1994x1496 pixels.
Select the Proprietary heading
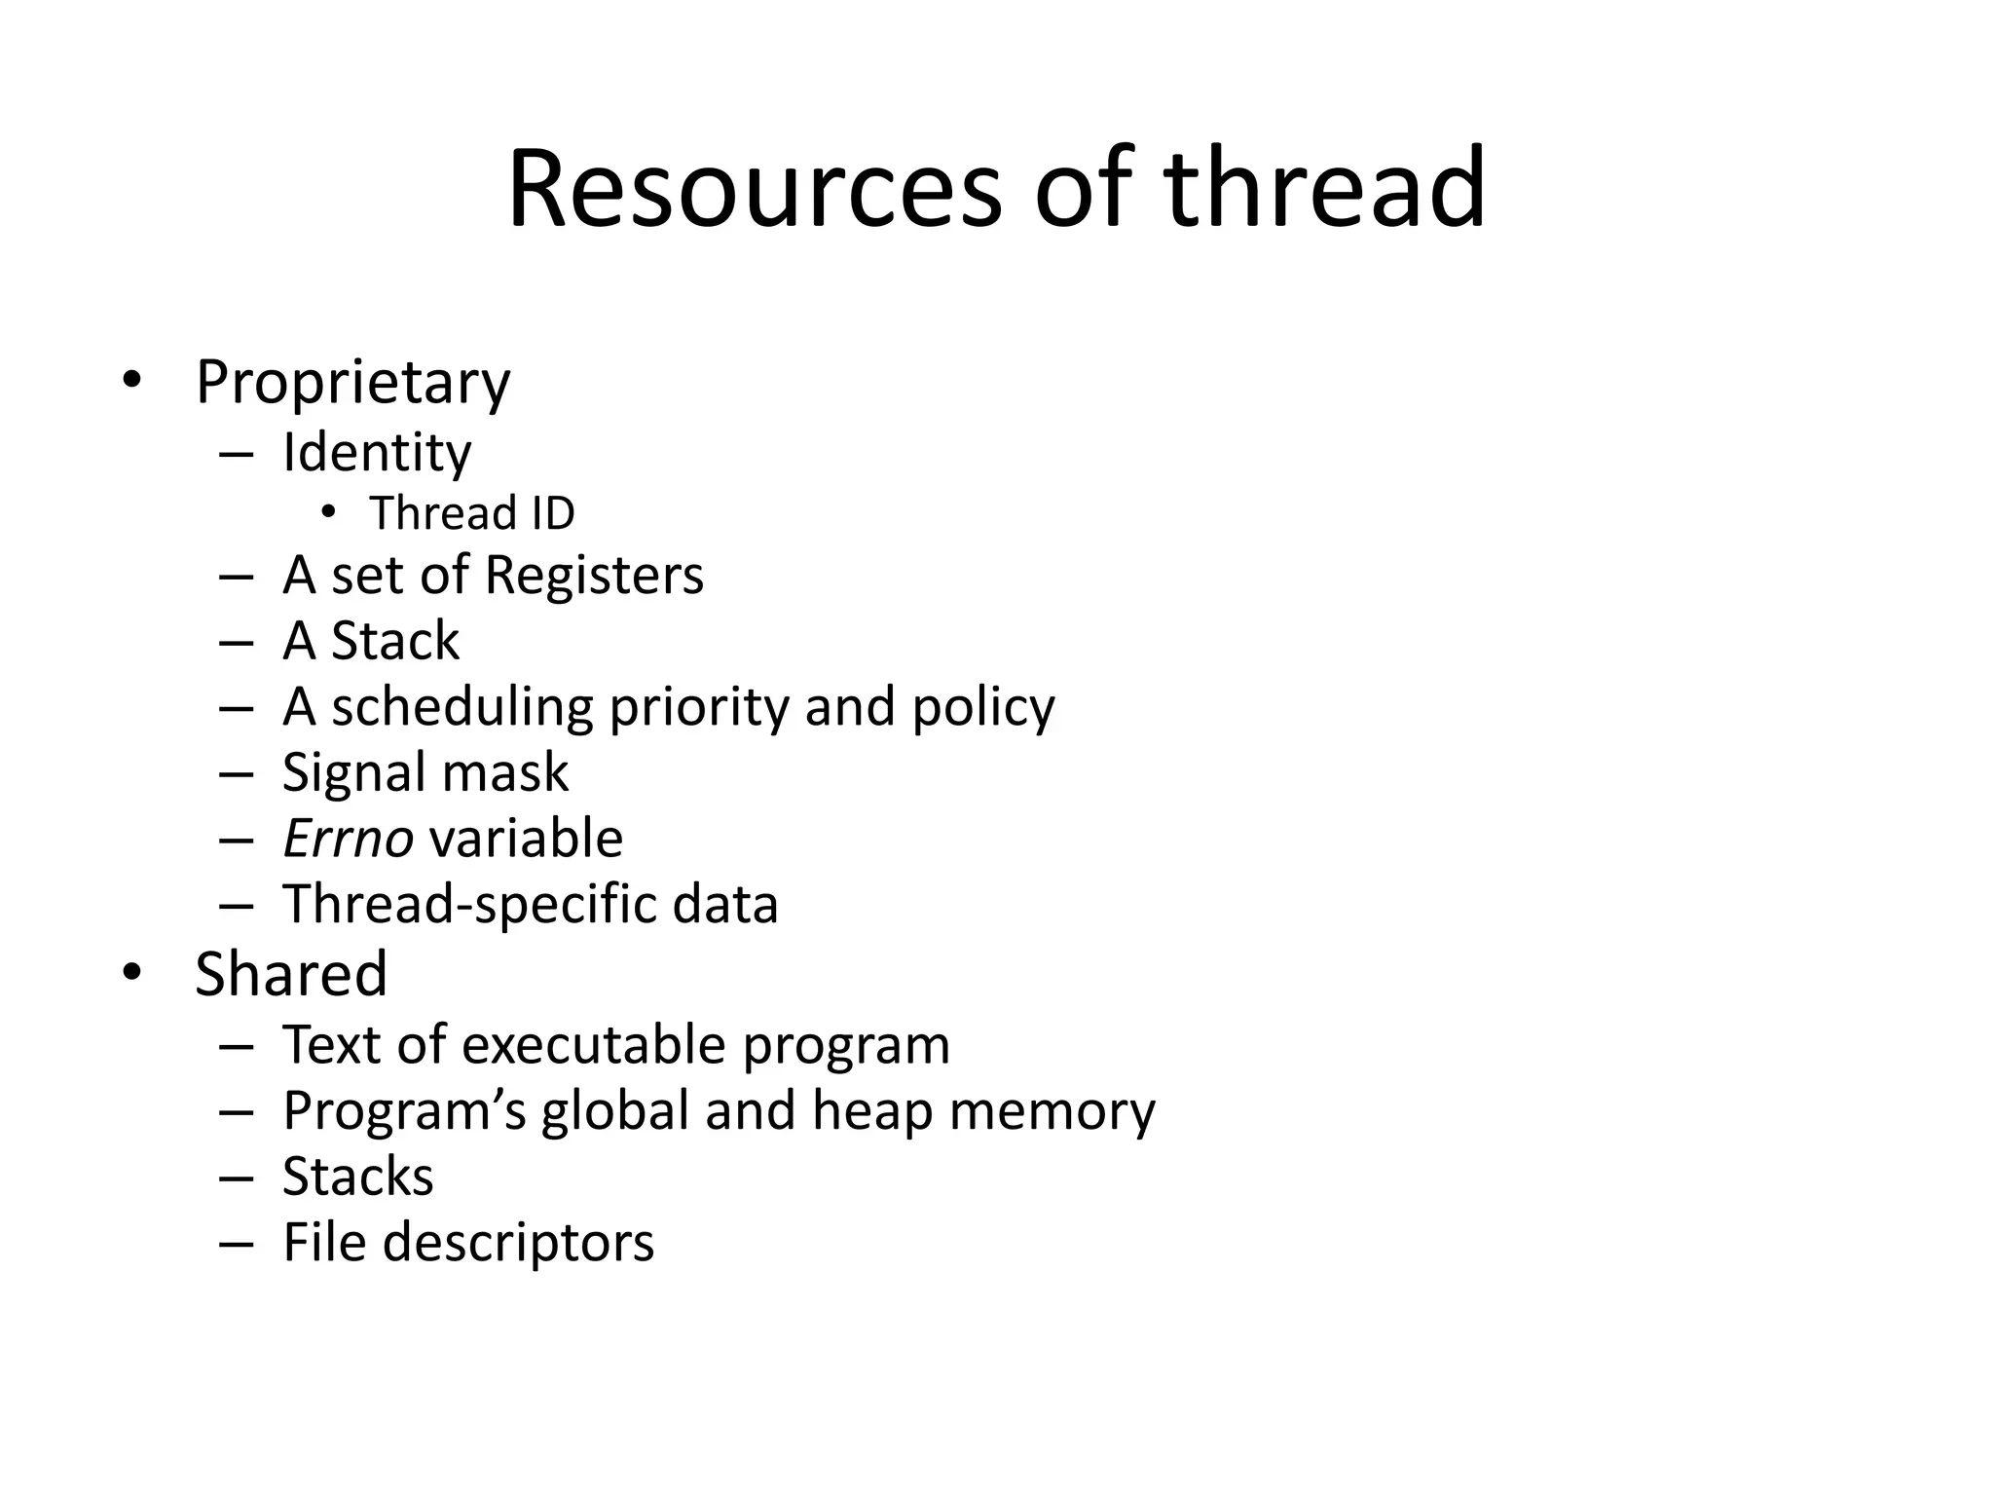(352, 383)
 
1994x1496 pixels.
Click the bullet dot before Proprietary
(131, 381)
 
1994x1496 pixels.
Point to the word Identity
(377, 453)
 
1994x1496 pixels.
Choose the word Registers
(594, 576)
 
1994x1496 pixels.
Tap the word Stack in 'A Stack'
(395, 642)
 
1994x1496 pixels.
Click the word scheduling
(462, 708)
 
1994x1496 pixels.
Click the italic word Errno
(348, 839)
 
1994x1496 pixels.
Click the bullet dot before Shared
(131, 972)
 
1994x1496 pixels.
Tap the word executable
(593, 1045)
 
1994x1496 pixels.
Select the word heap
(872, 1111)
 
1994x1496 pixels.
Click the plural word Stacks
(357, 1177)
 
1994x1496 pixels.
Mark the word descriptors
(518, 1243)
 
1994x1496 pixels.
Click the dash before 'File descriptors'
(237, 1244)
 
